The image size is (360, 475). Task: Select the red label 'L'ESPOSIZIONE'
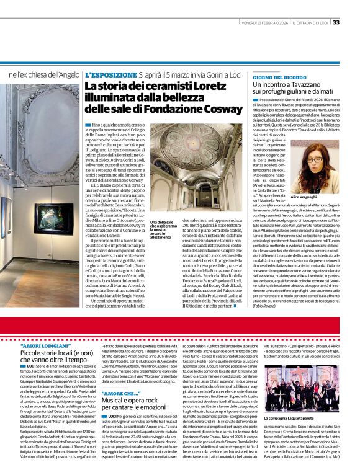point(110,74)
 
